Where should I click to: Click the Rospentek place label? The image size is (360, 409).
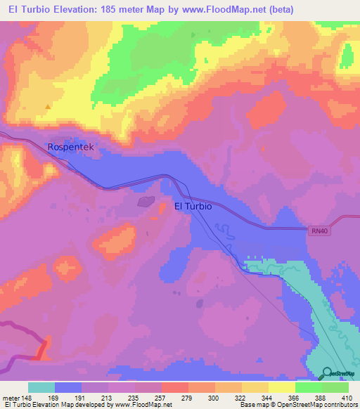click(70, 148)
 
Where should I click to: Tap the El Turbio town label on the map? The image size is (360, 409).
click(193, 207)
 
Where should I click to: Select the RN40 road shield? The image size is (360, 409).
click(319, 230)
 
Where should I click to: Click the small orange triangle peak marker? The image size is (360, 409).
click(48, 107)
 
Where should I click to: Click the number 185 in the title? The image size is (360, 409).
click(112, 9)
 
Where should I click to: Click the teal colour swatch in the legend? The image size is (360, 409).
click(41, 387)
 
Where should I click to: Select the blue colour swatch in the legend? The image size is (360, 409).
click(68, 387)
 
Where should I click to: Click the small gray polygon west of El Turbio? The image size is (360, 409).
click(146, 202)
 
